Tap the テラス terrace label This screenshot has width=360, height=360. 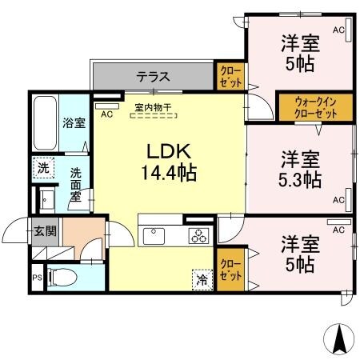152,78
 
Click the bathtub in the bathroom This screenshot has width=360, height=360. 46,123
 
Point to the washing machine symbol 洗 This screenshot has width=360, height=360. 43,168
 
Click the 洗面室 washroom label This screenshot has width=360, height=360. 74,184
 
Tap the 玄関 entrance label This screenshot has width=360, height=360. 45,231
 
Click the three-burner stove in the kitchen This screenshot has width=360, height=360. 198,235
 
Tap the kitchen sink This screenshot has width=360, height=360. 153,235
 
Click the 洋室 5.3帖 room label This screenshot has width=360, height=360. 300,169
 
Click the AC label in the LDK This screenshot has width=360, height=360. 106,114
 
